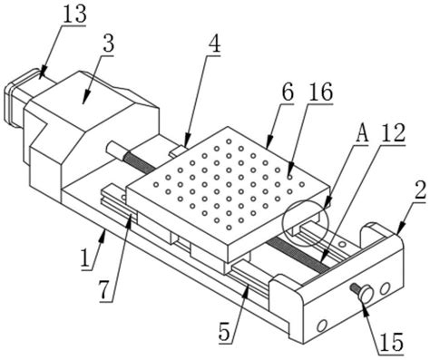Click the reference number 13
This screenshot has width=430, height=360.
click(x=74, y=14)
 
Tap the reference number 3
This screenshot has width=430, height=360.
click(x=108, y=44)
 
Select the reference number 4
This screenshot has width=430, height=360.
click(x=214, y=44)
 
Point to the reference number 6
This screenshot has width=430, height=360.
click(x=288, y=92)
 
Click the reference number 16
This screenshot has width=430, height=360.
click(x=321, y=92)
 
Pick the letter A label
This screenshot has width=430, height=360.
click(x=362, y=133)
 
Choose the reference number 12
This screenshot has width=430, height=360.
click(x=393, y=133)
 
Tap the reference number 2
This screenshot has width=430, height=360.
click(x=420, y=190)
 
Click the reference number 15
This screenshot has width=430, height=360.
click(x=392, y=342)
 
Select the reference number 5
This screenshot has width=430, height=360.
click(x=225, y=333)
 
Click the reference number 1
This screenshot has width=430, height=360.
click(x=86, y=258)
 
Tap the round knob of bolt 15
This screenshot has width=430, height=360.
click(x=366, y=293)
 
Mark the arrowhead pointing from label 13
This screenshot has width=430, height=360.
click(x=42, y=71)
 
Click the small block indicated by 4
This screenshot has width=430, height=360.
click(x=178, y=151)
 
